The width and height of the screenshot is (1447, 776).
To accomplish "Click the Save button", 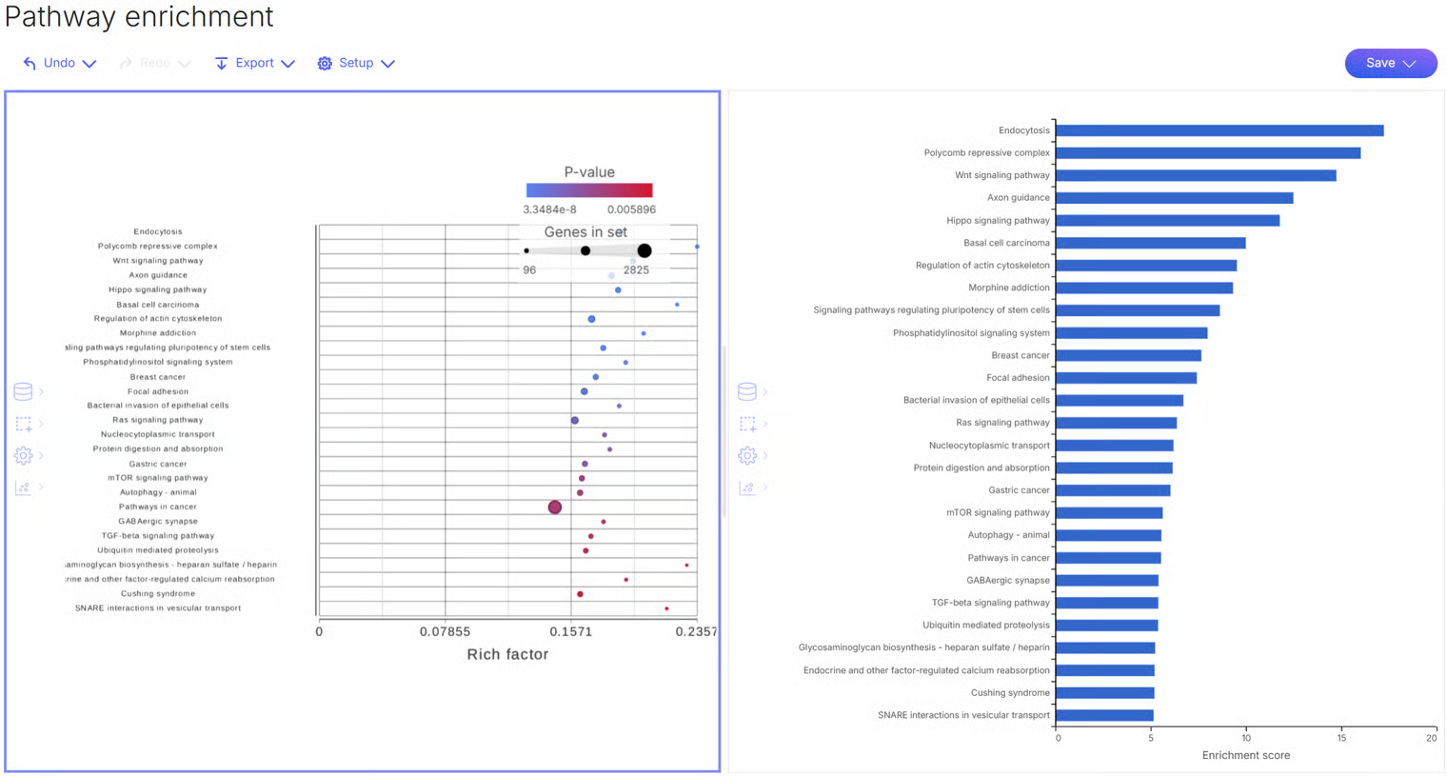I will [x=1390, y=63].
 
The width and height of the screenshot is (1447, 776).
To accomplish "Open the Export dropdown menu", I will [x=254, y=63].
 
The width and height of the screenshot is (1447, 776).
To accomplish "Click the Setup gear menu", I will [x=356, y=63].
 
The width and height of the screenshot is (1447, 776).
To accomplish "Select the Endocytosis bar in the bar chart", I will [x=1219, y=130].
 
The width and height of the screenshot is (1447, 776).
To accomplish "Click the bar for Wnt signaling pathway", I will [x=1195, y=175].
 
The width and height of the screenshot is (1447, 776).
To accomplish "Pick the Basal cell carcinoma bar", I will [x=1150, y=243].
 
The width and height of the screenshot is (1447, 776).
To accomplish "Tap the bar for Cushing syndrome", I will [x=1104, y=693].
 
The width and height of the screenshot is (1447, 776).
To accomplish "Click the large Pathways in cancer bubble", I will [x=555, y=507].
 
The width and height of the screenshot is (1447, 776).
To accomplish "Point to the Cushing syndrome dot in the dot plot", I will [x=580, y=594].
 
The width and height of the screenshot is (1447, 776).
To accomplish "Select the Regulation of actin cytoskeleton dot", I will [x=591, y=319].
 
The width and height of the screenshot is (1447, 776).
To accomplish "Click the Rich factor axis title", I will [x=507, y=654].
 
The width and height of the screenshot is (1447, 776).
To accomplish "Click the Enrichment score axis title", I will [x=1245, y=755].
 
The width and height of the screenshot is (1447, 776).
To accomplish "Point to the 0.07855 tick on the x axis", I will [x=445, y=631].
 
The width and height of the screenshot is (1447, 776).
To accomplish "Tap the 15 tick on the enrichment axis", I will [x=1341, y=738].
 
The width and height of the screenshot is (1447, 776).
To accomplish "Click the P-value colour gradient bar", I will [x=589, y=190].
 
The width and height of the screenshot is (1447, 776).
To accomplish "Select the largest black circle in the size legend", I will [x=644, y=250].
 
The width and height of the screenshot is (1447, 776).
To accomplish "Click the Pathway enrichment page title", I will [x=139, y=16].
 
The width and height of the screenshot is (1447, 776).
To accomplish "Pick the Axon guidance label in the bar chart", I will [x=1018, y=198].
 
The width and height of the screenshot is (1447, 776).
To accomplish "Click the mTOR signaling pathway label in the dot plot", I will [x=157, y=478].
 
